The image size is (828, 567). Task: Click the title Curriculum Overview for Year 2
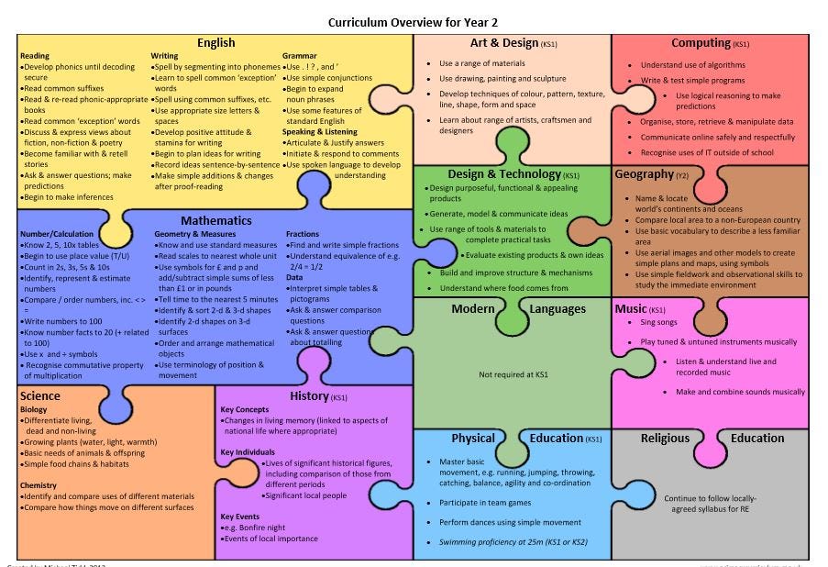414,21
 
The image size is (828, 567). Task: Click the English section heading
215,42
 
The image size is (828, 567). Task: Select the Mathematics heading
215,220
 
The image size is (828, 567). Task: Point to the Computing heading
701,42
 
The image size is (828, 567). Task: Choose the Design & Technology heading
503,174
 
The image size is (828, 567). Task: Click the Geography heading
645,174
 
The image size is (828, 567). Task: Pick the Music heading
631,309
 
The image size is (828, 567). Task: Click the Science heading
39,396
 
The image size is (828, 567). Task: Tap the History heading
309,396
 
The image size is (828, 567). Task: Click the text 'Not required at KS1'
513,374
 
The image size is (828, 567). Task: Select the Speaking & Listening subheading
320,132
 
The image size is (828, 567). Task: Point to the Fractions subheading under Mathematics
303,234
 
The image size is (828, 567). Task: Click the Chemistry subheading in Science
39,485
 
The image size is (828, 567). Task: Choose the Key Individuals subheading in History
248,452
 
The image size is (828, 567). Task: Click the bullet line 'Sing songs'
659,323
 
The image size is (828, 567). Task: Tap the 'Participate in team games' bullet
485,503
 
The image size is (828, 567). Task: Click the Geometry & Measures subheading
195,234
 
